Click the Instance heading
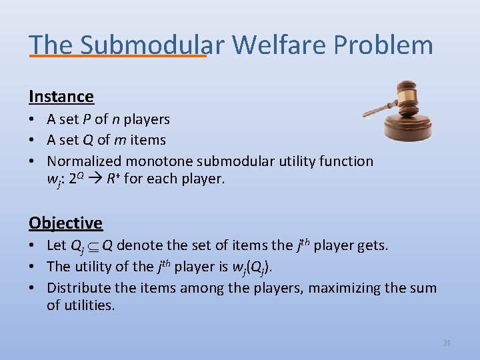(x=61, y=97)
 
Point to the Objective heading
(x=65, y=223)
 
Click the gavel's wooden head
(x=405, y=97)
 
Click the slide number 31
(x=447, y=343)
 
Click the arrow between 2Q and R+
(x=97, y=179)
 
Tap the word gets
(x=372, y=245)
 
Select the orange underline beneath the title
(x=117, y=56)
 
